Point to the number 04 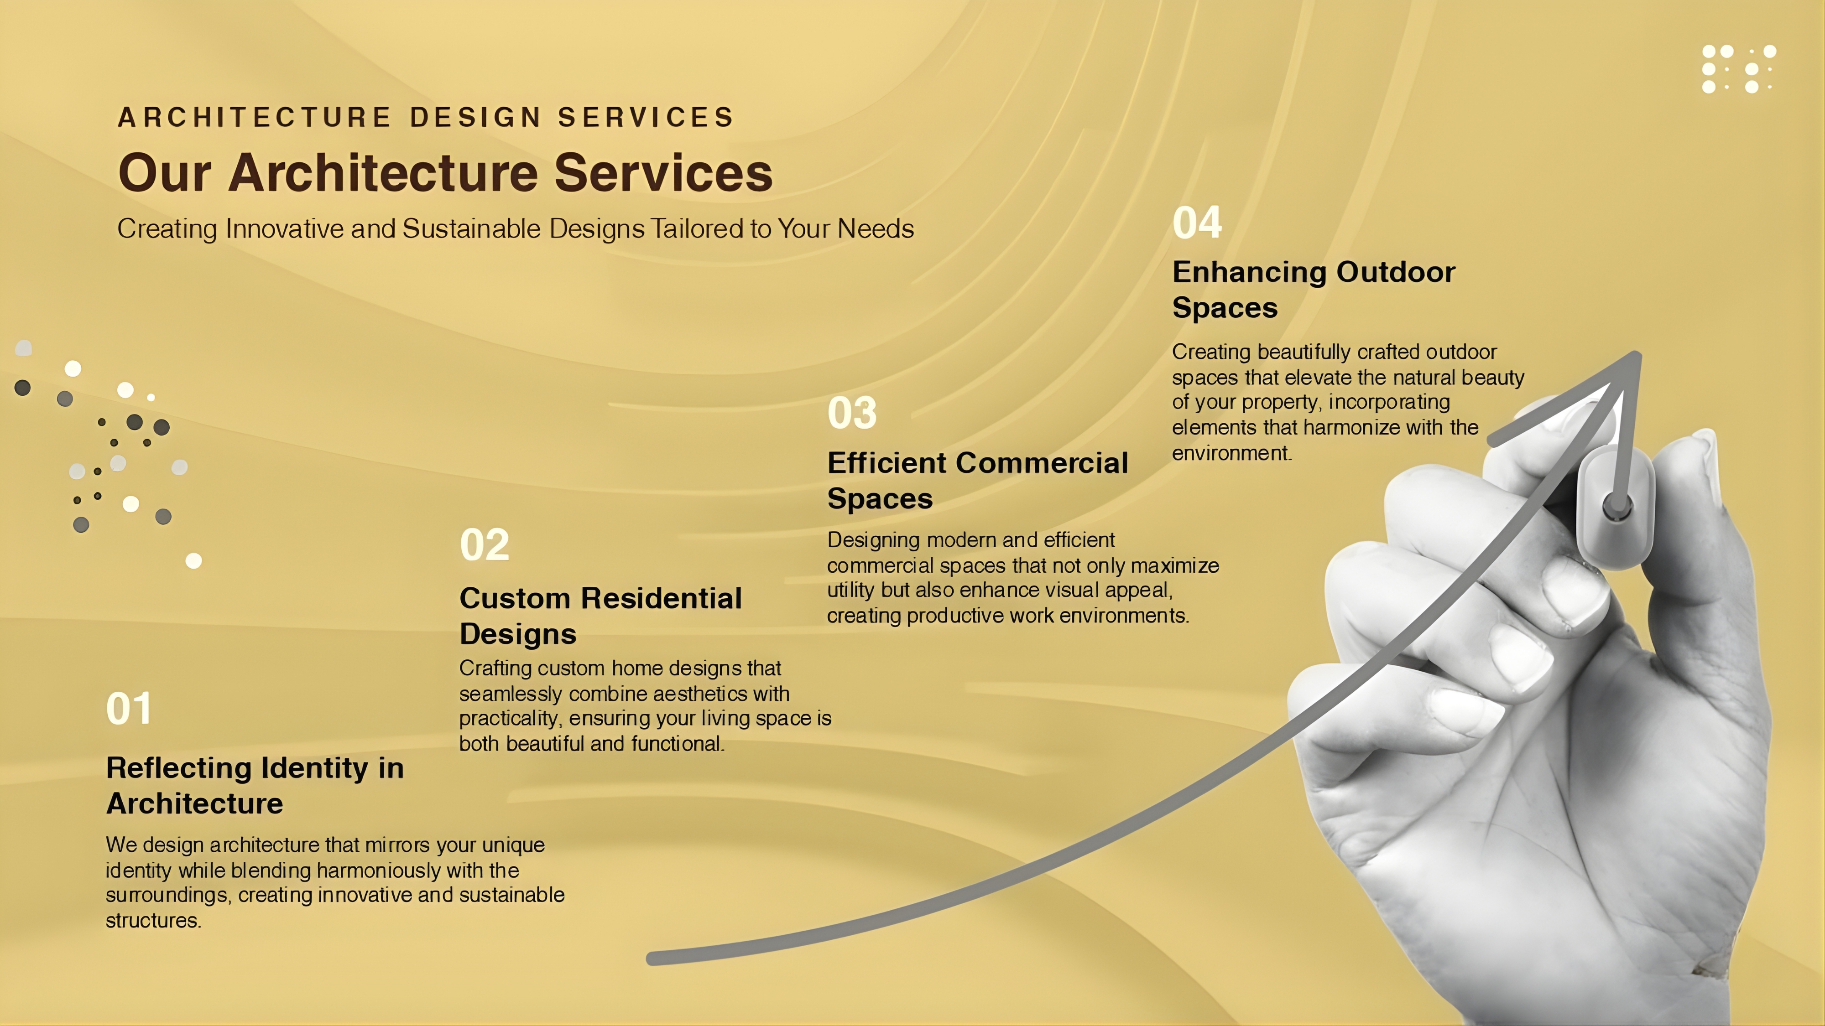(x=1197, y=223)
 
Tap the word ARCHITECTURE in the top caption (x=254, y=117)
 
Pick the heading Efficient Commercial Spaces (x=978, y=481)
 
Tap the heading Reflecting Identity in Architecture (x=255, y=785)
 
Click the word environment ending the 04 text (x=1231, y=453)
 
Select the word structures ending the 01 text (x=153, y=921)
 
